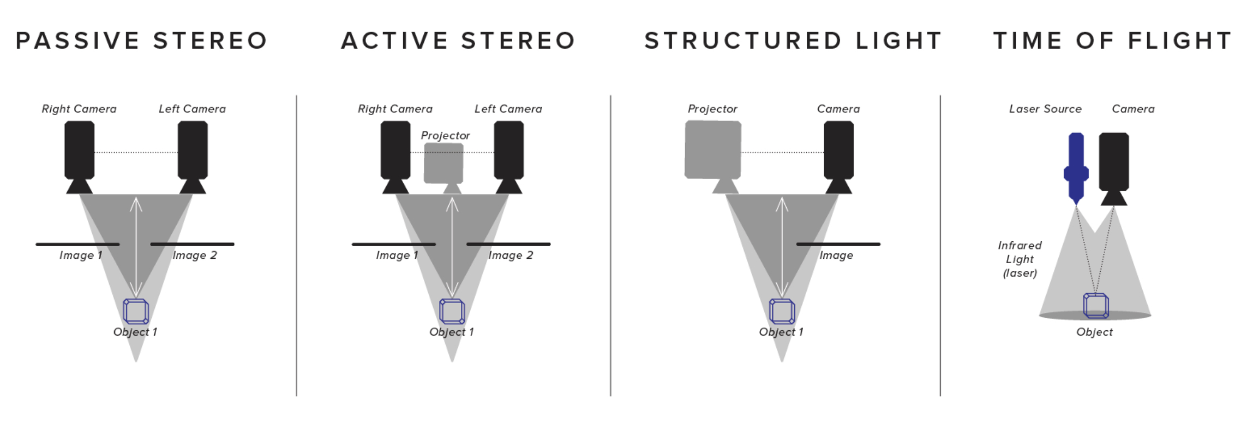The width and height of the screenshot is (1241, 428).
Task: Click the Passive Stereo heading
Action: coord(142,41)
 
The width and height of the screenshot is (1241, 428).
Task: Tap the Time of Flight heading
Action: coord(1112,41)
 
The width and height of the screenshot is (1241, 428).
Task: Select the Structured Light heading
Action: coord(793,41)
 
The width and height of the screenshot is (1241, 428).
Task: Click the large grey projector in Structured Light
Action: coord(712,150)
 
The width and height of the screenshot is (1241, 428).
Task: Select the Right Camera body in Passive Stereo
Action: coord(80,150)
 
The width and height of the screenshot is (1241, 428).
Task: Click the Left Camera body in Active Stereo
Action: coord(508,150)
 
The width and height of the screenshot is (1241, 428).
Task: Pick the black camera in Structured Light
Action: coord(838,150)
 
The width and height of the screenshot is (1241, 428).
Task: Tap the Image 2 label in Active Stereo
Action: coord(511,255)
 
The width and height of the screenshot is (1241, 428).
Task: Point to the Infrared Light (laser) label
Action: coord(1020,259)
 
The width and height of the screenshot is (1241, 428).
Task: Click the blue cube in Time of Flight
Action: coord(1095,306)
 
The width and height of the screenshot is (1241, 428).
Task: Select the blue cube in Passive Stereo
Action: coord(136,311)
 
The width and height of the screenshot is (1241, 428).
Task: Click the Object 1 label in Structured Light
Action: coord(781,332)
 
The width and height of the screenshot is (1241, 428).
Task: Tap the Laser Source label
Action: coord(1045,109)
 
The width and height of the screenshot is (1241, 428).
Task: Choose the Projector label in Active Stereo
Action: coord(445,135)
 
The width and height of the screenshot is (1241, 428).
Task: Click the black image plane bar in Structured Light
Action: coord(838,244)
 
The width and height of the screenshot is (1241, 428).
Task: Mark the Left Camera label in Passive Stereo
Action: coord(192,109)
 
